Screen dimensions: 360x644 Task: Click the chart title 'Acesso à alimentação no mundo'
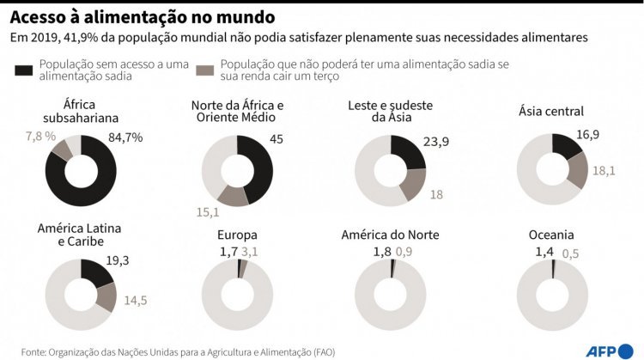[143, 15]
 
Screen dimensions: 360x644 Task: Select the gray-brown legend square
[205, 70]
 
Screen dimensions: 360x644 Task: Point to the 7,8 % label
[40, 137]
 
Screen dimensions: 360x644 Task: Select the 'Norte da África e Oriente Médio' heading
[237, 112]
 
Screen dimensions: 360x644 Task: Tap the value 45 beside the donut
[276, 138]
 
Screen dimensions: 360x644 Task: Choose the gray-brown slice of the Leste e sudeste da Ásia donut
[413, 183]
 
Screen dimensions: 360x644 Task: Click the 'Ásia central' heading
[551, 111]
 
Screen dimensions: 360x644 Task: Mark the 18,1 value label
[605, 170]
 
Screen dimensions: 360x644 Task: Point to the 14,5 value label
[136, 301]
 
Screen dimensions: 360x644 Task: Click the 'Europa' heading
[238, 235]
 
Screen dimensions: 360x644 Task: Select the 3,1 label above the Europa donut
[249, 251]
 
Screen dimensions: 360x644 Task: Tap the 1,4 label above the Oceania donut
[545, 252]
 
